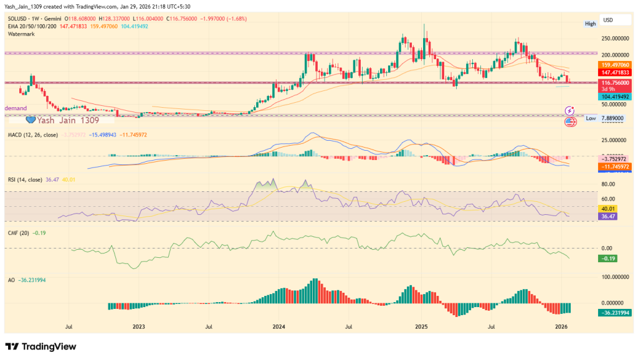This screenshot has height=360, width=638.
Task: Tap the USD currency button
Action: point(609,20)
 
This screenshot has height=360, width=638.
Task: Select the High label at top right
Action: point(590,24)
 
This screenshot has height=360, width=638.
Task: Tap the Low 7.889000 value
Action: point(613,118)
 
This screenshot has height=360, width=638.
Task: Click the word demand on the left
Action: point(16,108)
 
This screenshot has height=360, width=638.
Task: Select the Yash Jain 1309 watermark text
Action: point(67,120)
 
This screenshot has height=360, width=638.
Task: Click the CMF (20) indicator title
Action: point(19,233)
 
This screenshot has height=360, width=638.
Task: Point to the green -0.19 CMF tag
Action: point(607,258)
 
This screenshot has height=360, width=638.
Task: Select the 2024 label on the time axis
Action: point(279,326)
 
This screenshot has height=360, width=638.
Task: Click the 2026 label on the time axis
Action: point(561,326)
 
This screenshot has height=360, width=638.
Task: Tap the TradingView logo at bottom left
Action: point(40,346)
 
